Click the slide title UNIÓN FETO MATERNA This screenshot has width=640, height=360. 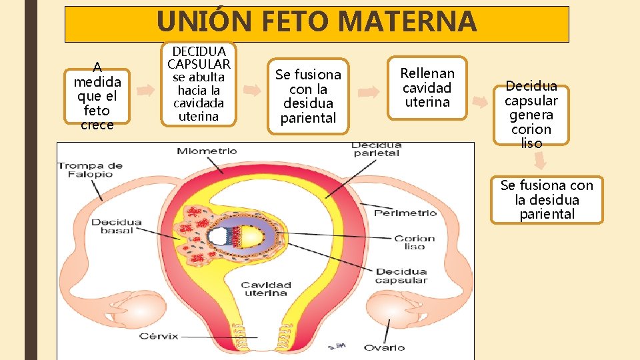tap(317, 22)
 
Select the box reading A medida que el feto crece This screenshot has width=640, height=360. tap(97, 95)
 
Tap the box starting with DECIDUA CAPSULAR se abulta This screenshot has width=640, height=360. tap(199, 84)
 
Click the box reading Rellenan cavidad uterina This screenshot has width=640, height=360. tap(427, 87)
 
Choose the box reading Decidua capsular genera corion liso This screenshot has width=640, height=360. tap(531, 115)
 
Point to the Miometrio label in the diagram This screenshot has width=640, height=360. tap(207, 151)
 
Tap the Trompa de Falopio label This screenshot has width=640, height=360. tap(89, 170)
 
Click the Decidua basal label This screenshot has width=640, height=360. tap(117, 226)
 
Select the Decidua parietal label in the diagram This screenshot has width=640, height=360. tap(377, 149)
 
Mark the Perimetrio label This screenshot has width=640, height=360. tap(405, 213)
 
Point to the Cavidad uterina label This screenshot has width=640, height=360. tap(265, 289)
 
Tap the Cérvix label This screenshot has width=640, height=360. tap(159, 336)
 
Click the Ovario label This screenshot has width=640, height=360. tap(384, 347)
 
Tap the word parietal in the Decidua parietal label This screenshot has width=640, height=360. tap(377, 153)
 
